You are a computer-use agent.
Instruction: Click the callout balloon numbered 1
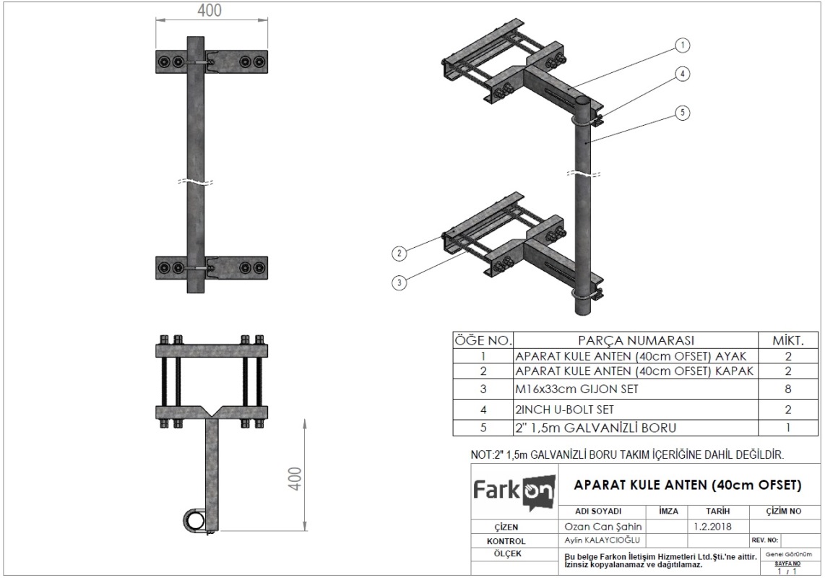[683, 46]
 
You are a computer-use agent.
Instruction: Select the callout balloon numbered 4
[683, 74]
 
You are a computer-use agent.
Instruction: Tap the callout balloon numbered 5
[683, 112]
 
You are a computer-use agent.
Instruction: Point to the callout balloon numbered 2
[399, 253]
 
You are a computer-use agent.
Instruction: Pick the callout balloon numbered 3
[399, 282]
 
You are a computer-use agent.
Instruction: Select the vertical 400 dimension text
[295, 478]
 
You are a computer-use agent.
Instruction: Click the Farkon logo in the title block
[514, 491]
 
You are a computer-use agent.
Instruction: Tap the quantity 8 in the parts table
[787, 389]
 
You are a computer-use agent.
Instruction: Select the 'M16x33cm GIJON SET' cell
[576, 389]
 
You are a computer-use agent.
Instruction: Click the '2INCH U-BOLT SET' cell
[564, 410]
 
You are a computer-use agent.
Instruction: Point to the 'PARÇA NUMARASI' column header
[636, 340]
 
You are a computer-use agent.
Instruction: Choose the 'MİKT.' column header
[787, 340]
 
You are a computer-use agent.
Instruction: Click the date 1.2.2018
[712, 527]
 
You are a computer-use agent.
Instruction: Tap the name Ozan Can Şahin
[603, 527]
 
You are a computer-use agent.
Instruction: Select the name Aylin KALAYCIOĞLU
[602, 540]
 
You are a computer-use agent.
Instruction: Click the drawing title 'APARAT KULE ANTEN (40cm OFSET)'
[688, 485]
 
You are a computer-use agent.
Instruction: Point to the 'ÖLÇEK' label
[507, 553]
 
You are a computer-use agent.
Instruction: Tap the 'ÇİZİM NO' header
[783, 511]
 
